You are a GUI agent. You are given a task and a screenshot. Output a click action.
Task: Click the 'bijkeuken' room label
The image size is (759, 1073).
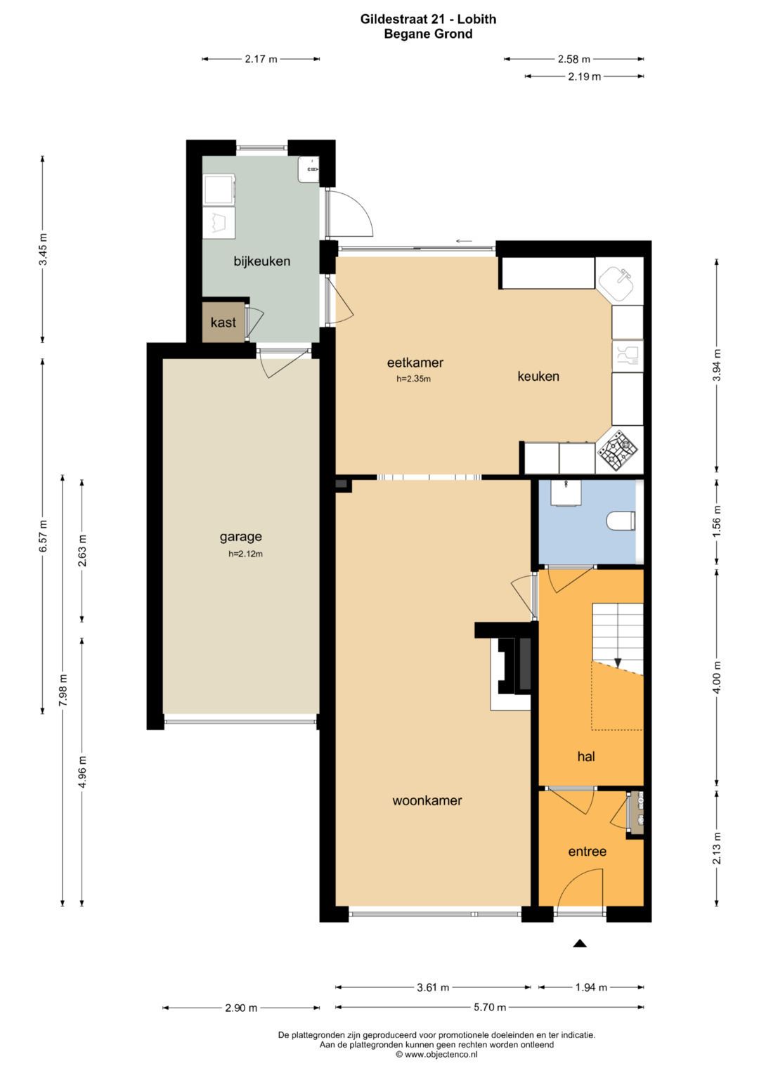point(261,261)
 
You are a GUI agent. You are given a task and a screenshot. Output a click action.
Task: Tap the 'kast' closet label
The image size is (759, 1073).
point(223,323)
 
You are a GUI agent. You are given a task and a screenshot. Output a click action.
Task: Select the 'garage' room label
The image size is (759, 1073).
point(240,537)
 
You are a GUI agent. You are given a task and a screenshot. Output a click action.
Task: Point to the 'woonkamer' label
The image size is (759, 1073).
point(427,800)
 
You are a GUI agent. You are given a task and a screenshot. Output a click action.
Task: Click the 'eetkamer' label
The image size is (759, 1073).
point(415,363)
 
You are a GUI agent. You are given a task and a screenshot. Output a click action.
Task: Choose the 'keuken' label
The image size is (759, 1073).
point(538,377)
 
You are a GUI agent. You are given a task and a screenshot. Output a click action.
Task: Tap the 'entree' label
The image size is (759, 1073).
point(587,852)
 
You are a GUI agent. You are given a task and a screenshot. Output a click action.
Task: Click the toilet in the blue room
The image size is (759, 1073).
point(620,521)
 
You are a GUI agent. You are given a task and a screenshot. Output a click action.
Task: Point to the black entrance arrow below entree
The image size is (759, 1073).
point(579,944)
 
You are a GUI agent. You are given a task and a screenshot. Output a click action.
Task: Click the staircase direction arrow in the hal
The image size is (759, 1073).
point(618,662)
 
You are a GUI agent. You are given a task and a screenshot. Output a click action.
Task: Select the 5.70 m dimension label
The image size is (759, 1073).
point(490,1008)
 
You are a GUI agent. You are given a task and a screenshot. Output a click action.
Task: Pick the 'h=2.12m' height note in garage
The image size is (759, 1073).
point(245,554)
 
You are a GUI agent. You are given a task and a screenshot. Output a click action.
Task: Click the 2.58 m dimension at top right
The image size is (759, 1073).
point(573,59)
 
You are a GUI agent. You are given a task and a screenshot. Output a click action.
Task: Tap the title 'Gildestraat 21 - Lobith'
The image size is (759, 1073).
point(428,19)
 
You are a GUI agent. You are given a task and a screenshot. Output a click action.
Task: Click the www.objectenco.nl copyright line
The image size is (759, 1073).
point(436,1054)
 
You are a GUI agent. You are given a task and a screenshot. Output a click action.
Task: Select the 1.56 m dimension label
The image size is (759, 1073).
point(717,521)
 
